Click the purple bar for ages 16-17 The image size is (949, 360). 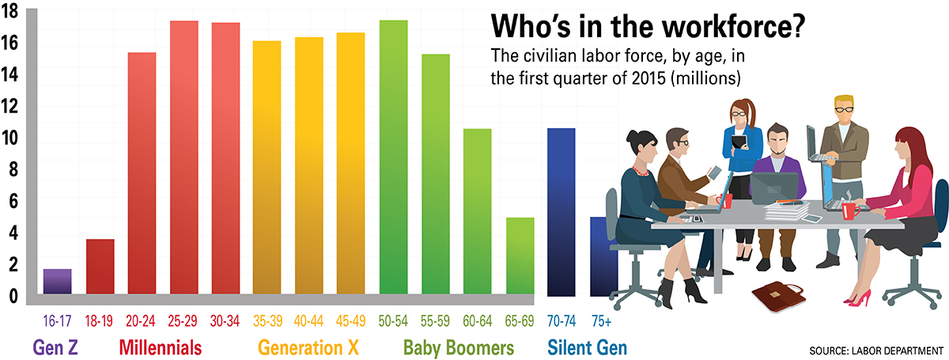(57, 282)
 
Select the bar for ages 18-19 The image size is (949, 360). (100, 267)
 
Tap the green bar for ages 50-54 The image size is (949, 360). (394, 157)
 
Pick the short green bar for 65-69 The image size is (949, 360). (520, 256)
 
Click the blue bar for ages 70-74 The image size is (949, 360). (561, 212)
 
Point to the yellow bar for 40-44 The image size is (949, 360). (309, 166)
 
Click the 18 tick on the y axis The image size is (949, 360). (9, 11)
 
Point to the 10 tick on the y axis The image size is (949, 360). (9, 138)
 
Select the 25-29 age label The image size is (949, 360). (183, 321)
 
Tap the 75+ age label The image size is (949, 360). (602, 321)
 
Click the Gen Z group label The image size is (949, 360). (55, 347)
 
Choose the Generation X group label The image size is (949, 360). (308, 347)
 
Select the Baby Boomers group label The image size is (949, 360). (459, 348)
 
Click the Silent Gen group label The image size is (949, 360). (587, 347)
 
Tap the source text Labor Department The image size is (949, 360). (898, 351)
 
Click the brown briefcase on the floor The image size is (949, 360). (779, 297)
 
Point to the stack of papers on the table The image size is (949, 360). (787, 210)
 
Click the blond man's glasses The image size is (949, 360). (844, 110)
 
